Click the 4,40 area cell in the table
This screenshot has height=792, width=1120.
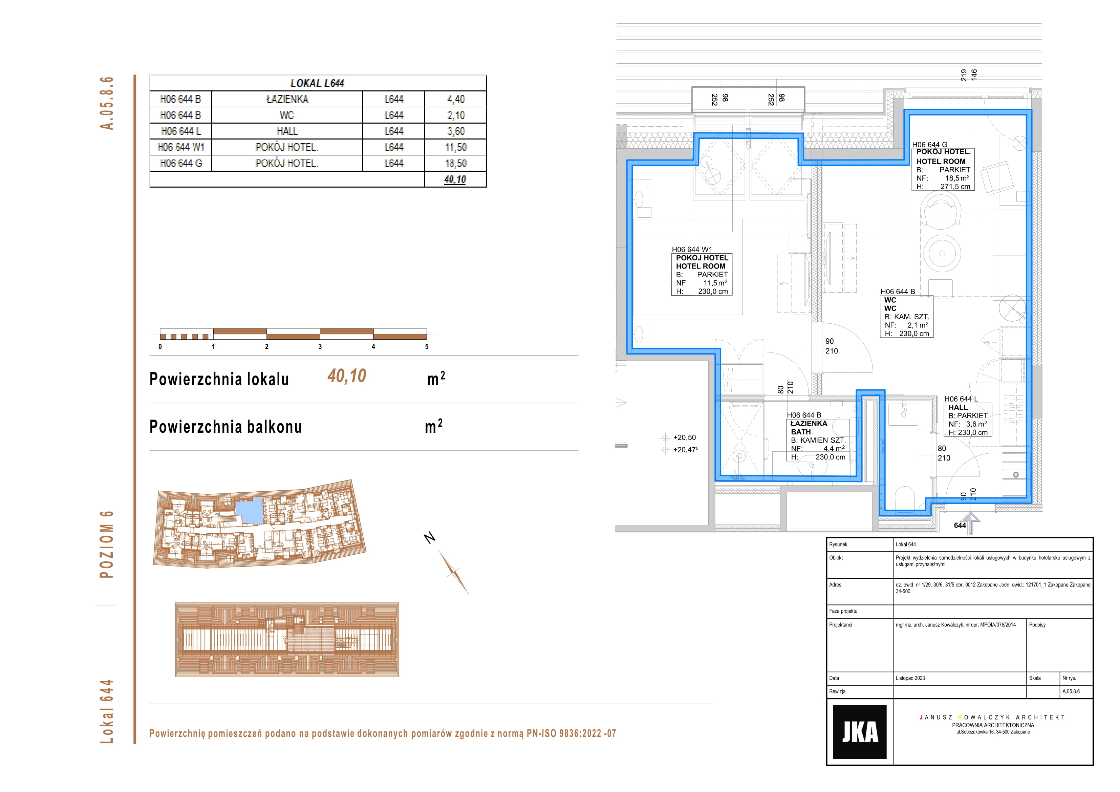coord(456,99)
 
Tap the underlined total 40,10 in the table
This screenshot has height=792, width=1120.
coord(455,179)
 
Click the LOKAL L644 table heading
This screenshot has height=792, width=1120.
coord(318,83)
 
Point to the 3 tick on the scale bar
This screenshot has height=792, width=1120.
coord(320,346)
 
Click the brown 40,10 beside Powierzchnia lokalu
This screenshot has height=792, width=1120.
coord(347,376)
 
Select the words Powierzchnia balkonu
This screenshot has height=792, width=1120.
coord(226,427)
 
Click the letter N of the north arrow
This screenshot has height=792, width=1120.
coord(429,538)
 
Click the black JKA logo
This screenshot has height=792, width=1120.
coord(860,731)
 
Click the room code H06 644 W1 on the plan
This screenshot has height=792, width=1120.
coord(692,249)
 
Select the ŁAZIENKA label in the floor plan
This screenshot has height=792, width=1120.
coord(809,424)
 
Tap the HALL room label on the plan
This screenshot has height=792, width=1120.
coord(958,407)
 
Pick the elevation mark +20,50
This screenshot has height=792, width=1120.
coord(684,438)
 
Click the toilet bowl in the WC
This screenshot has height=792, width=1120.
coord(905,498)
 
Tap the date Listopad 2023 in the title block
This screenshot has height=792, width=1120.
coord(910,678)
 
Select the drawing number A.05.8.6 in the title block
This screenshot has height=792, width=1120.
coord(1071,691)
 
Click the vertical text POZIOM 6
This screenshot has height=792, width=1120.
coord(106,544)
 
